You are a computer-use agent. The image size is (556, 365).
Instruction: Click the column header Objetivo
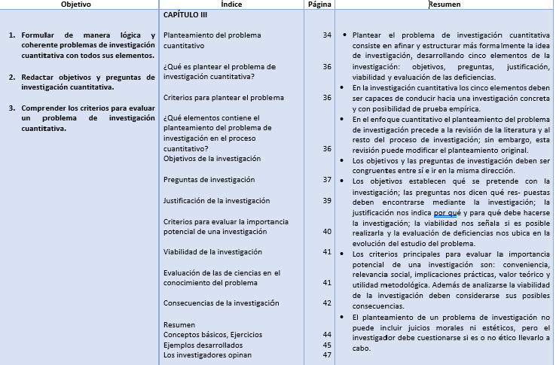(81, 5)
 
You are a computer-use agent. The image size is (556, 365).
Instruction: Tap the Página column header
(319, 5)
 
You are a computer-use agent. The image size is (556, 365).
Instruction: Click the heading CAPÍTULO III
(185, 15)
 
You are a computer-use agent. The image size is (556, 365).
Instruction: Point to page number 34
(326, 35)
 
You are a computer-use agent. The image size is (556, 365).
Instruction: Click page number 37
(326, 180)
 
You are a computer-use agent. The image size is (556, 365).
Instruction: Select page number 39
(326, 200)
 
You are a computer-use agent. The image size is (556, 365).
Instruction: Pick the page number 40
(326, 231)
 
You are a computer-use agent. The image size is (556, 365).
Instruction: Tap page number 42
(326, 303)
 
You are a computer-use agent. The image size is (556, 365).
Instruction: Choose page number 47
(326, 355)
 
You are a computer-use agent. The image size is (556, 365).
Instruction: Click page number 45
(326, 345)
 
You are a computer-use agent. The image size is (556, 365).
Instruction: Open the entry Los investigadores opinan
(207, 355)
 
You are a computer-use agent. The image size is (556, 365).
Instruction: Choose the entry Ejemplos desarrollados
(203, 345)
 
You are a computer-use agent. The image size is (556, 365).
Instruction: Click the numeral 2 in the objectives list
(11, 78)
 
